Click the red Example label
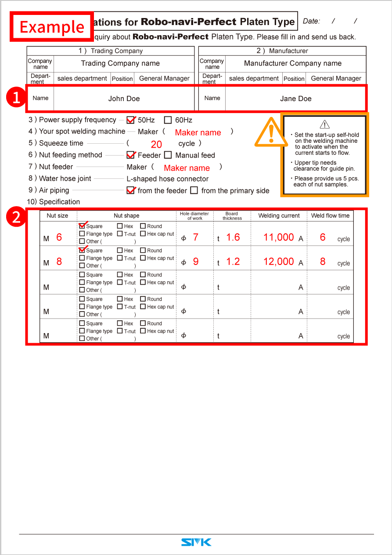(x=52, y=27)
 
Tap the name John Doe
(x=124, y=98)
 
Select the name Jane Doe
(x=295, y=98)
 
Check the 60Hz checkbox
(x=168, y=120)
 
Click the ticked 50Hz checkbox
(x=130, y=120)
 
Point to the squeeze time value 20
(x=156, y=144)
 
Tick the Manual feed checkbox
(x=168, y=155)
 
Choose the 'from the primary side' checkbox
(x=194, y=191)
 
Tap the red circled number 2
(x=16, y=217)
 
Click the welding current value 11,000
(x=278, y=237)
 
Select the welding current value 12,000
(x=278, y=261)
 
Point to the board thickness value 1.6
(x=233, y=237)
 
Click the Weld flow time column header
(x=330, y=215)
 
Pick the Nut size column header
(x=58, y=216)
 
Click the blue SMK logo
(x=196, y=542)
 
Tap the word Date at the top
(x=311, y=21)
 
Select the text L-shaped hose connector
(x=167, y=179)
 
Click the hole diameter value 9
(x=196, y=261)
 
